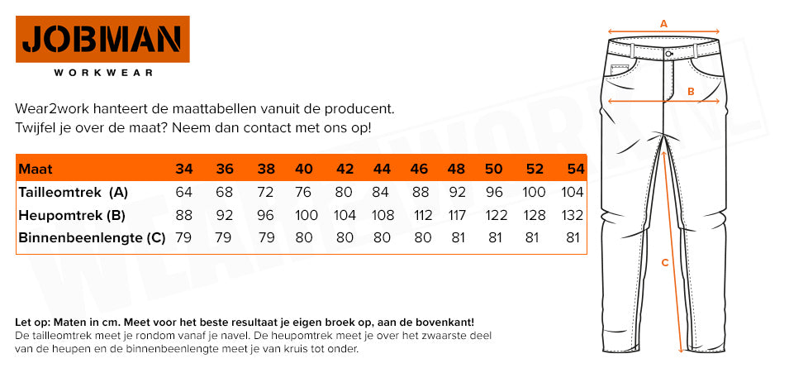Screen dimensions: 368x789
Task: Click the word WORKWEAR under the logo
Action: click(103, 73)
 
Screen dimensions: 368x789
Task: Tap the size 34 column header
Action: click(184, 170)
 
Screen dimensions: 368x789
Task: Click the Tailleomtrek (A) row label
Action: click(74, 193)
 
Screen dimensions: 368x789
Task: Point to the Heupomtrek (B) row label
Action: click(72, 216)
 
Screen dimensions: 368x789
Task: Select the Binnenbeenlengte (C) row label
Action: click(92, 238)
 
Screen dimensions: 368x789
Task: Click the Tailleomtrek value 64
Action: click(184, 193)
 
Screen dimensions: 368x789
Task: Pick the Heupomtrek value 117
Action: click(456, 216)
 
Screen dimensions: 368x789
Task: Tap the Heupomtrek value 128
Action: click(534, 216)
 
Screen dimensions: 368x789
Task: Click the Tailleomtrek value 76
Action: click(304, 193)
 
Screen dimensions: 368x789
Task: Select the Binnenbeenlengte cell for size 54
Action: click(572, 238)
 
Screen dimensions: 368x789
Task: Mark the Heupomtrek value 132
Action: click(572, 216)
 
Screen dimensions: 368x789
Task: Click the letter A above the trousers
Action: click(664, 23)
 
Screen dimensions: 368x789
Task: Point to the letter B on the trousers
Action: click(691, 91)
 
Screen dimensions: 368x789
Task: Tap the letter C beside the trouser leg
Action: click(665, 263)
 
